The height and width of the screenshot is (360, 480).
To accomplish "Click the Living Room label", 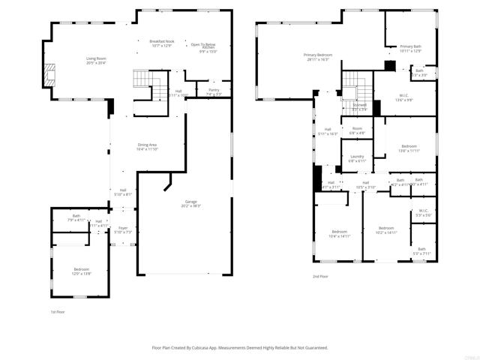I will click(95, 61).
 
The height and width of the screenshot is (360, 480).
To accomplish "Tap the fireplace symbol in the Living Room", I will click(49, 73).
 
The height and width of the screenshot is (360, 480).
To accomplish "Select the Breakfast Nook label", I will click(161, 43).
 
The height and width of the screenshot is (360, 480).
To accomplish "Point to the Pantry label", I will click(213, 91).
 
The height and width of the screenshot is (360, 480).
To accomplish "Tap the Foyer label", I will click(122, 229).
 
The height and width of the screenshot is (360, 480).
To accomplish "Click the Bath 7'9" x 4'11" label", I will click(76, 218).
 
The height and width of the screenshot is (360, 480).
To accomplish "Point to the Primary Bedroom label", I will click(318, 56).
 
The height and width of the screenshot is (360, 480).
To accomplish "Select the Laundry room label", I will click(357, 158).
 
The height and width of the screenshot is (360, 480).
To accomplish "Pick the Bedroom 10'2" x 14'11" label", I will click(385, 229).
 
